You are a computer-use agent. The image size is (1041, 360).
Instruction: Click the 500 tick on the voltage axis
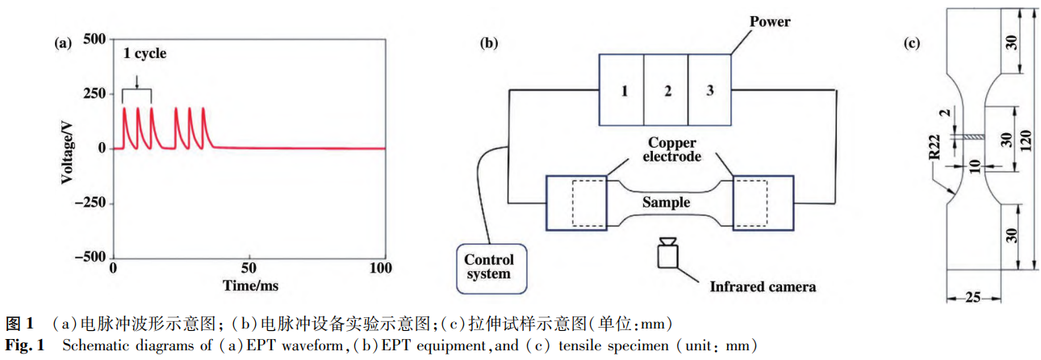tap(96, 40)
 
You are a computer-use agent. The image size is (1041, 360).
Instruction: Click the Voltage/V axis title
tap(67, 149)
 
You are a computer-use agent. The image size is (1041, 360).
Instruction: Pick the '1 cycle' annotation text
tap(145, 54)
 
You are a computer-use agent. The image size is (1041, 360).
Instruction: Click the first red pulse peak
tap(125, 107)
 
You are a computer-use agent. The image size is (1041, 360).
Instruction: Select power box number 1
tap(624, 90)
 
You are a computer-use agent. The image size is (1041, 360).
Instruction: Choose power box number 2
tap(667, 90)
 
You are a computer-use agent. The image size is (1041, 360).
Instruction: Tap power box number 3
tap(709, 90)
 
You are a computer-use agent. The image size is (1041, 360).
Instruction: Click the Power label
tap(770, 22)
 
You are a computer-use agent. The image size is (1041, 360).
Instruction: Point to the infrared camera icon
tap(667, 253)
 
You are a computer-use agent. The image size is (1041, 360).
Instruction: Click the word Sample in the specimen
tap(666, 202)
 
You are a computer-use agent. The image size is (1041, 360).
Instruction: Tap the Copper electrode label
tap(667, 151)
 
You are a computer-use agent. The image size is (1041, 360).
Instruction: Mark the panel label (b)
tap(489, 44)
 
